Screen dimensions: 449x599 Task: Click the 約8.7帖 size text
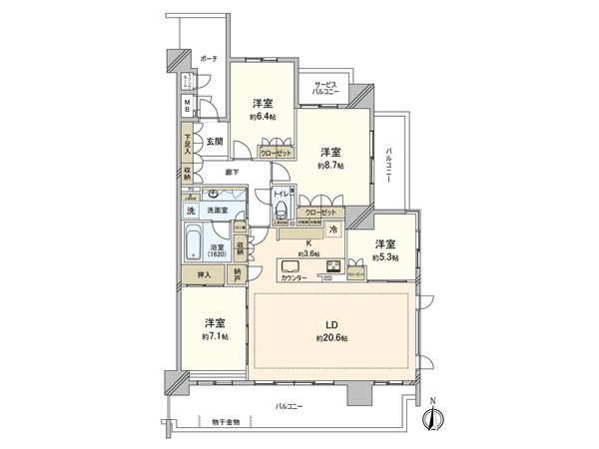tap(330, 166)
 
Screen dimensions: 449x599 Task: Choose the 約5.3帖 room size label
tap(384, 258)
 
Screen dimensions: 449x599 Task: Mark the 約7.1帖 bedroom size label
tap(215, 337)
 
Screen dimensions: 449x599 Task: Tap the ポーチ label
tap(208, 59)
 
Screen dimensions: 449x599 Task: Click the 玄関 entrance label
tap(215, 142)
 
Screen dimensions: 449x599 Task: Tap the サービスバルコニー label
tap(326, 87)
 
